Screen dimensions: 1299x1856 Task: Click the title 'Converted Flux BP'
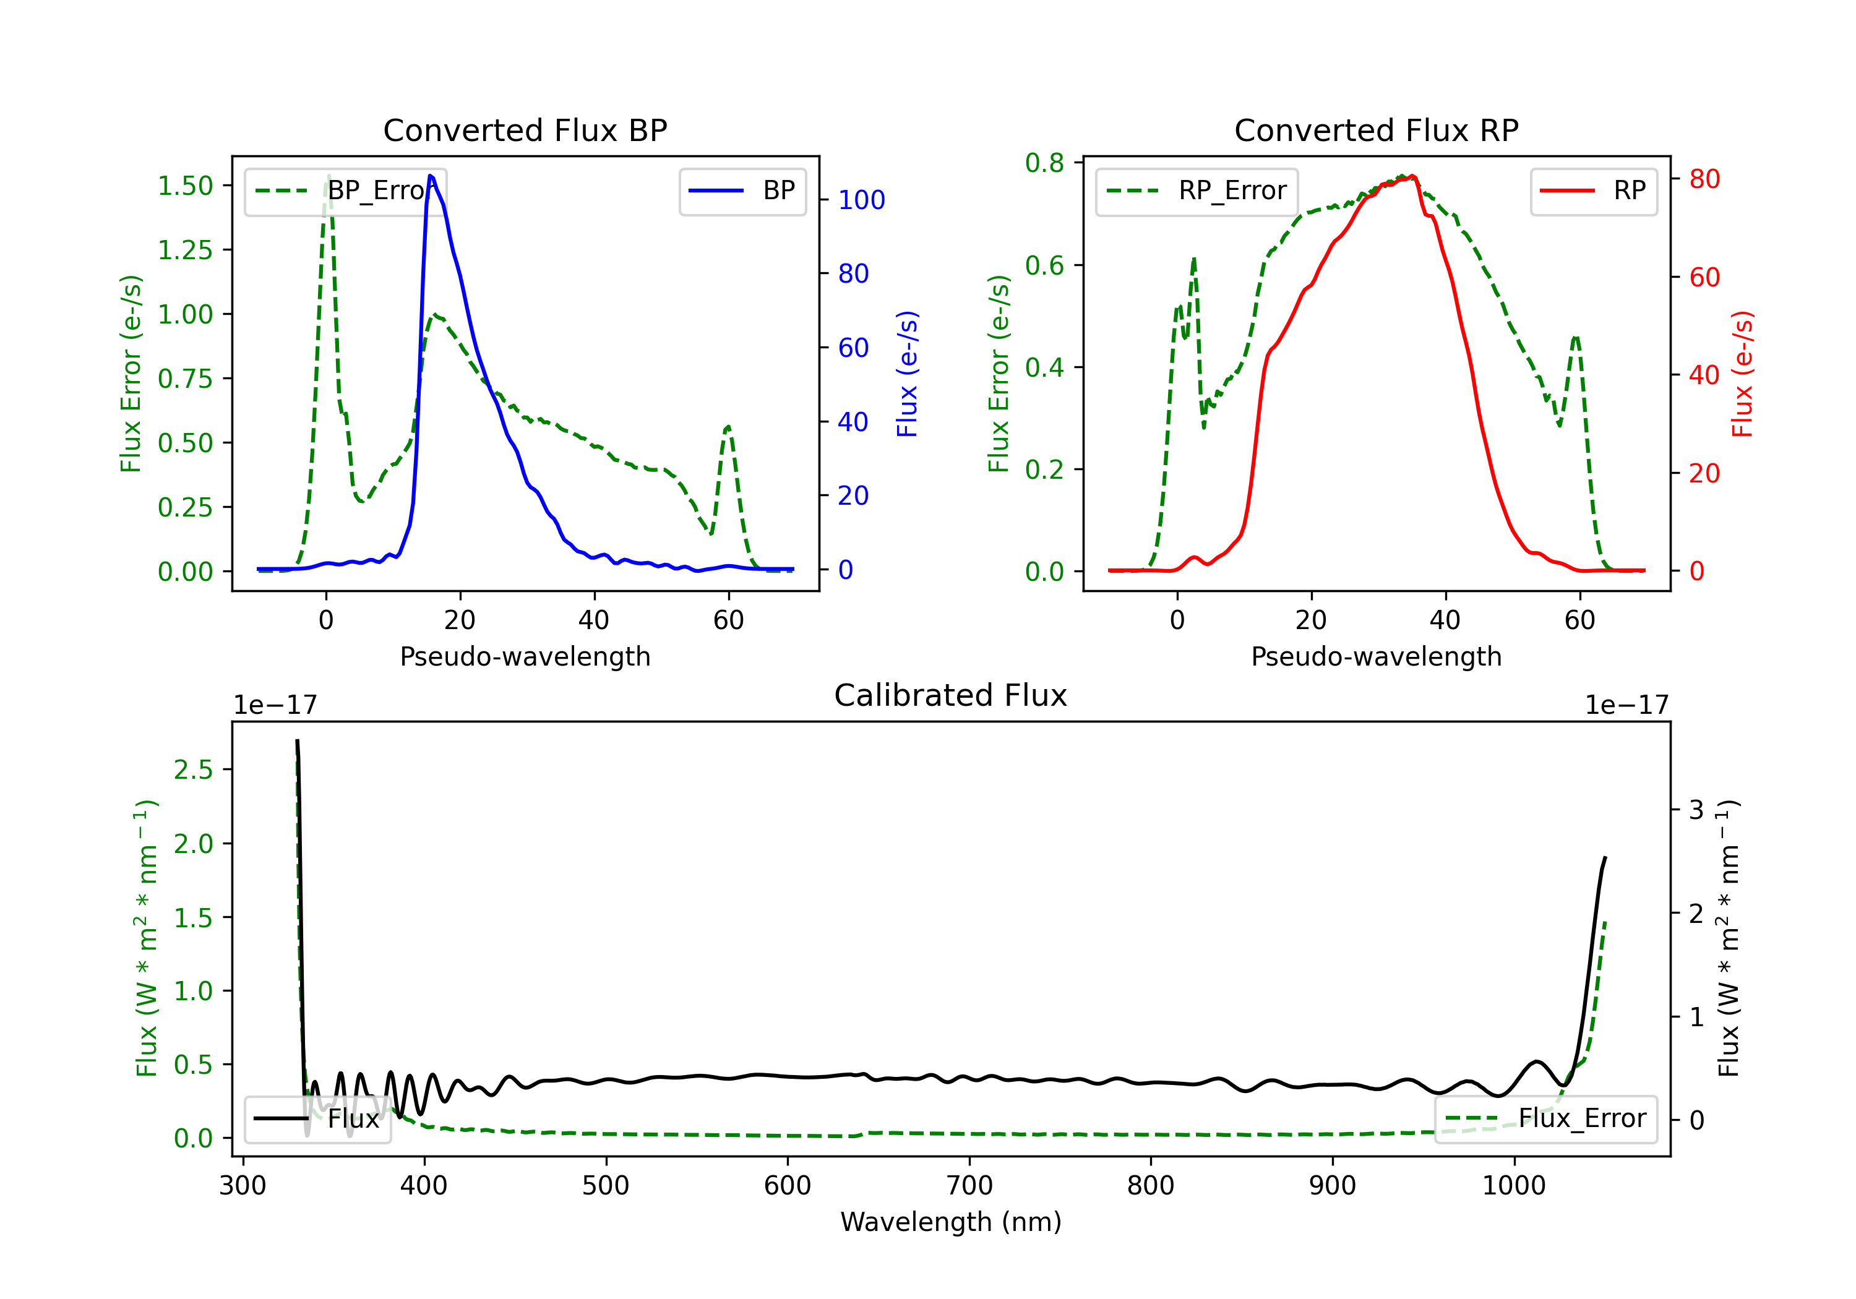[x=525, y=130]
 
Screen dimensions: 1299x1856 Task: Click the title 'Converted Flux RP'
[x=1376, y=130]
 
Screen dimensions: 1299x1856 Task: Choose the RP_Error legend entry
[x=1197, y=191]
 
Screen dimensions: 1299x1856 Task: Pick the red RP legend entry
[x=1593, y=191]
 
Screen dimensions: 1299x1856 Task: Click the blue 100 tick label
[x=861, y=200]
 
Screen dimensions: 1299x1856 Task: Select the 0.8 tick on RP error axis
[x=1044, y=163]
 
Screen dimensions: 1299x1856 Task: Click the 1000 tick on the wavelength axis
[x=1513, y=1186]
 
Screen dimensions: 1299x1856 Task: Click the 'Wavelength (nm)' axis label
[x=951, y=1222]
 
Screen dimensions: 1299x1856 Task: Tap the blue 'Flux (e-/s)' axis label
[x=907, y=374]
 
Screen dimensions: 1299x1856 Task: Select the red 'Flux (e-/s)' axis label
[x=1742, y=374]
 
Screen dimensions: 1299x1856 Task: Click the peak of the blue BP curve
[x=430, y=176]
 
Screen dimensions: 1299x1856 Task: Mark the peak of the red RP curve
[x=1411, y=176]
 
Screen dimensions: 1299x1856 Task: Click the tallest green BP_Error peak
[x=328, y=176]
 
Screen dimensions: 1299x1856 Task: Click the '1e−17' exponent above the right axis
[x=1626, y=706]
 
